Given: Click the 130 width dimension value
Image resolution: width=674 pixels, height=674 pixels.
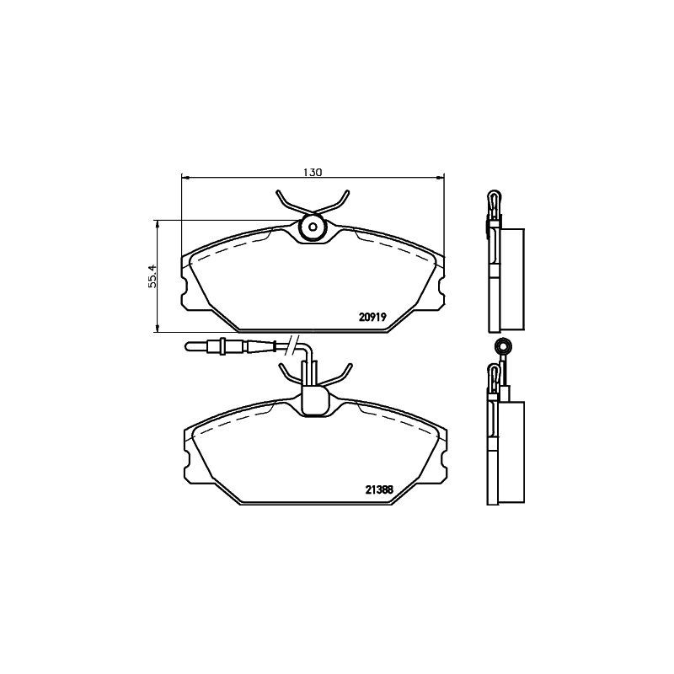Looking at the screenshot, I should tap(313, 171).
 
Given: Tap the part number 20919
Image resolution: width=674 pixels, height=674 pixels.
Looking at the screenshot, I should tap(372, 318).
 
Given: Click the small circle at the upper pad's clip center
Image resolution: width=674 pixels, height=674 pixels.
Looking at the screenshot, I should tap(313, 226).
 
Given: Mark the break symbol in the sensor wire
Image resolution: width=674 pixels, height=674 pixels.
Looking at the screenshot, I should tap(292, 344).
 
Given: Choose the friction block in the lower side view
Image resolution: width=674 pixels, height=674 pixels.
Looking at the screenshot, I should tap(512, 452).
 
